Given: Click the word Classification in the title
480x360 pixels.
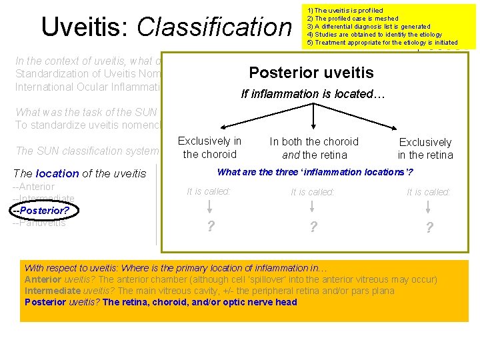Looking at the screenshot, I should tap(214, 27).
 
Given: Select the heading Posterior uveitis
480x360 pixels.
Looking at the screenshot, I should tap(311, 73).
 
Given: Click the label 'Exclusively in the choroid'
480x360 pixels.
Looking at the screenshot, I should tap(209, 147).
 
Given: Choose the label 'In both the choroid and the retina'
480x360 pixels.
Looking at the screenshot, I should tap(314, 148).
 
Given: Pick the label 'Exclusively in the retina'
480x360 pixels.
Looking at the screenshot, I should tap(425, 149).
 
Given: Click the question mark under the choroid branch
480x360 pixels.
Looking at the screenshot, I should tap(210, 227).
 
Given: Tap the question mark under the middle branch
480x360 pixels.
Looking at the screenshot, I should tap(312, 227).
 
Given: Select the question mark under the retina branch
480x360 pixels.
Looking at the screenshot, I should tap(429, 227).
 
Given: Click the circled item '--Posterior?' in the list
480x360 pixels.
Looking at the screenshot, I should tap(41, 210).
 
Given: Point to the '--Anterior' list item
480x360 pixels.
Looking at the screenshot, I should tap(34, 187).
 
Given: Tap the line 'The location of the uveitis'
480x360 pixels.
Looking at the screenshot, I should tap(79, 173).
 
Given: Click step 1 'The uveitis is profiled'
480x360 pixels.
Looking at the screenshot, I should tap(345, 11).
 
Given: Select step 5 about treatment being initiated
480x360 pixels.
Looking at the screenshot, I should tap(382, 43).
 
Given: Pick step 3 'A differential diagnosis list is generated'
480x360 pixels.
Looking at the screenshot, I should tap(369, 27).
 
